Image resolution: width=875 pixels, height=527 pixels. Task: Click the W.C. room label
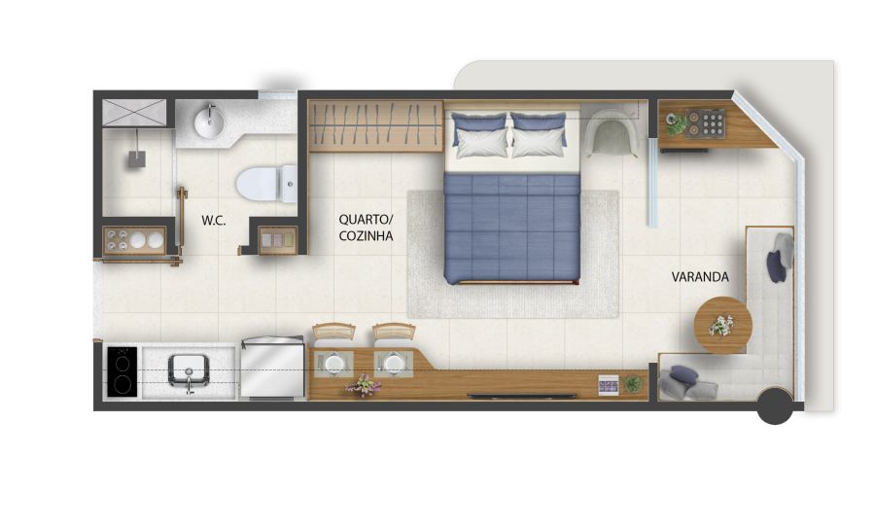pyautogui.click(x=214, y=221)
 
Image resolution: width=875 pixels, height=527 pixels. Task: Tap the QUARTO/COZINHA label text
pyautogui.click(x=366, y=228)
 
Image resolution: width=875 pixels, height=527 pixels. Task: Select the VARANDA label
pyautogui.click(x=700, y=277)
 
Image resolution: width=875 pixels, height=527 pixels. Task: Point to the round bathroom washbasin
pyautogui.click(x=209, y=122)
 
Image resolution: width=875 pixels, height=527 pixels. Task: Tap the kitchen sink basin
pyautogui.click(x=189, y=370)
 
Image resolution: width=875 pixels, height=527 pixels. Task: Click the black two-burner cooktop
pyautogui.click(x=122, y=371)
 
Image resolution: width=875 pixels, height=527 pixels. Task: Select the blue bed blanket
pyautogui.click(x=512, y=228)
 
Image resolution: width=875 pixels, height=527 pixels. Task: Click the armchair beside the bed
pyautogui.click(x=612, y=132)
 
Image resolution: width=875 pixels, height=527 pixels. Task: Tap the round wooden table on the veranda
pyautogui.click(x=722, y=325)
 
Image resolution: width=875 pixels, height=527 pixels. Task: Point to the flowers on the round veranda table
pyautogui.click(x=721, y=326)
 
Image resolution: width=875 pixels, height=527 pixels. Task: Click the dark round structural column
pyautogui.click(x=775, y=405)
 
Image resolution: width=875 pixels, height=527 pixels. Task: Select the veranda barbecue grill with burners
pyautogui.click(x=706, y=123)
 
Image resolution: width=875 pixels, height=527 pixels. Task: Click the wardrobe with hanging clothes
pyautogui.click(x=375, y=126)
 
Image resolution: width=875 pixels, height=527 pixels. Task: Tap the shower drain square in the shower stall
pyautogui.click(x=137, y=159)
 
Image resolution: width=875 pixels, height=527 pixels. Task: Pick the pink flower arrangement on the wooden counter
pyautogui.click(x=363, y=386)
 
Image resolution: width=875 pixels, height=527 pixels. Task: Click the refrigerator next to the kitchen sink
pyautogui.click(x=273, y=368)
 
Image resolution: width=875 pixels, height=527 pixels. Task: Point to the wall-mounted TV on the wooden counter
pyautogui.click(x=522, y=396)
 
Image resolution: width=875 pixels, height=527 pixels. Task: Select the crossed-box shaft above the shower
pyautogui.click(x=134, y=112)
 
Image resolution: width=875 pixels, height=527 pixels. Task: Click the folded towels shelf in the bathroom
pyautogui.click(x=277, y=240)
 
